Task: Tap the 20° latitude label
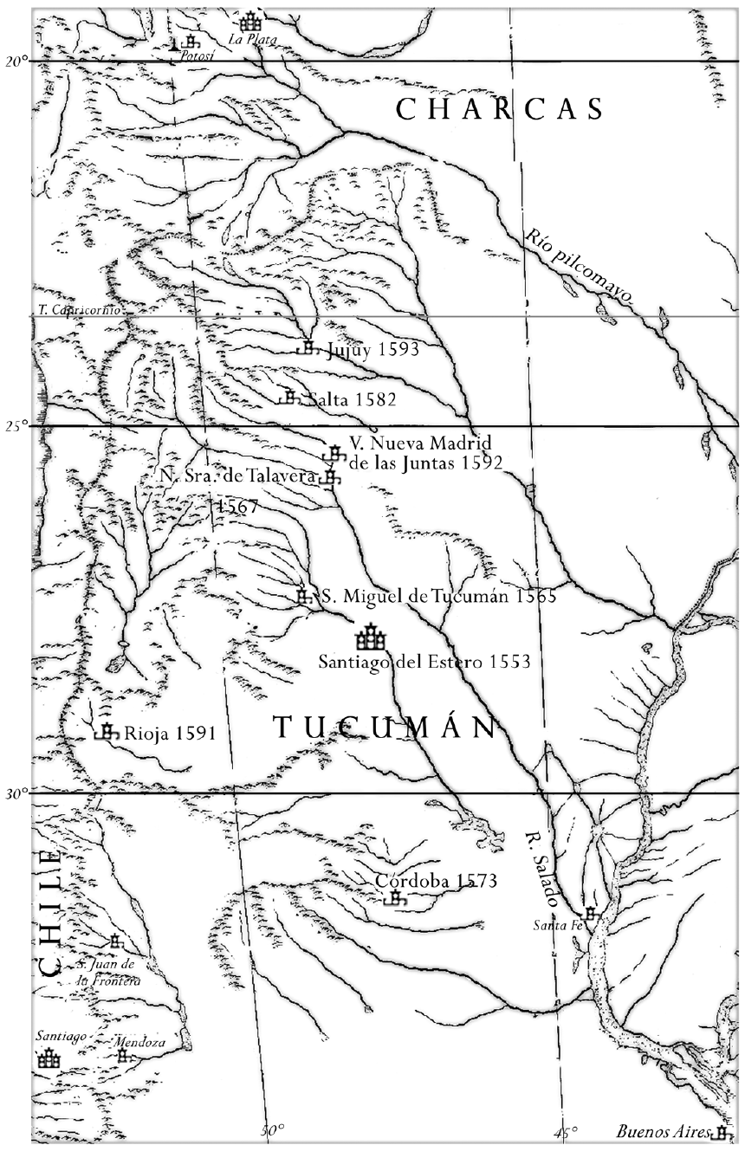16,61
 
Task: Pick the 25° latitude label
16,426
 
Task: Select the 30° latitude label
16,793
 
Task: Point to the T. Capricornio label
75,309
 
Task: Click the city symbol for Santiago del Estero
370,638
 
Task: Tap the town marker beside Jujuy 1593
308,348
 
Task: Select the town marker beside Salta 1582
289,398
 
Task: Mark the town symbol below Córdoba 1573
396,899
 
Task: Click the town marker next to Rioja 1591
107,732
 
